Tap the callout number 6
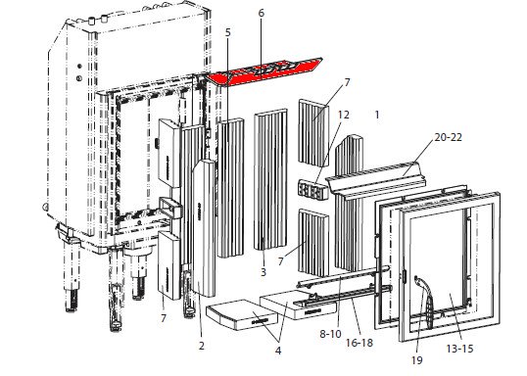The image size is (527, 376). (262, 13)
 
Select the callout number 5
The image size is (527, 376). (228, 32)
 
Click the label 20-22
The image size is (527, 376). (448, 137)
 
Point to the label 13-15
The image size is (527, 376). (459, 349)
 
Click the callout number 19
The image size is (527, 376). (416, 360)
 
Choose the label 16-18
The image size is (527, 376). (359, 343)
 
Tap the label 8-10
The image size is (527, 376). (330, 334)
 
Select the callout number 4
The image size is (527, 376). (278, 351)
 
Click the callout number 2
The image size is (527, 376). (202, 346)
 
